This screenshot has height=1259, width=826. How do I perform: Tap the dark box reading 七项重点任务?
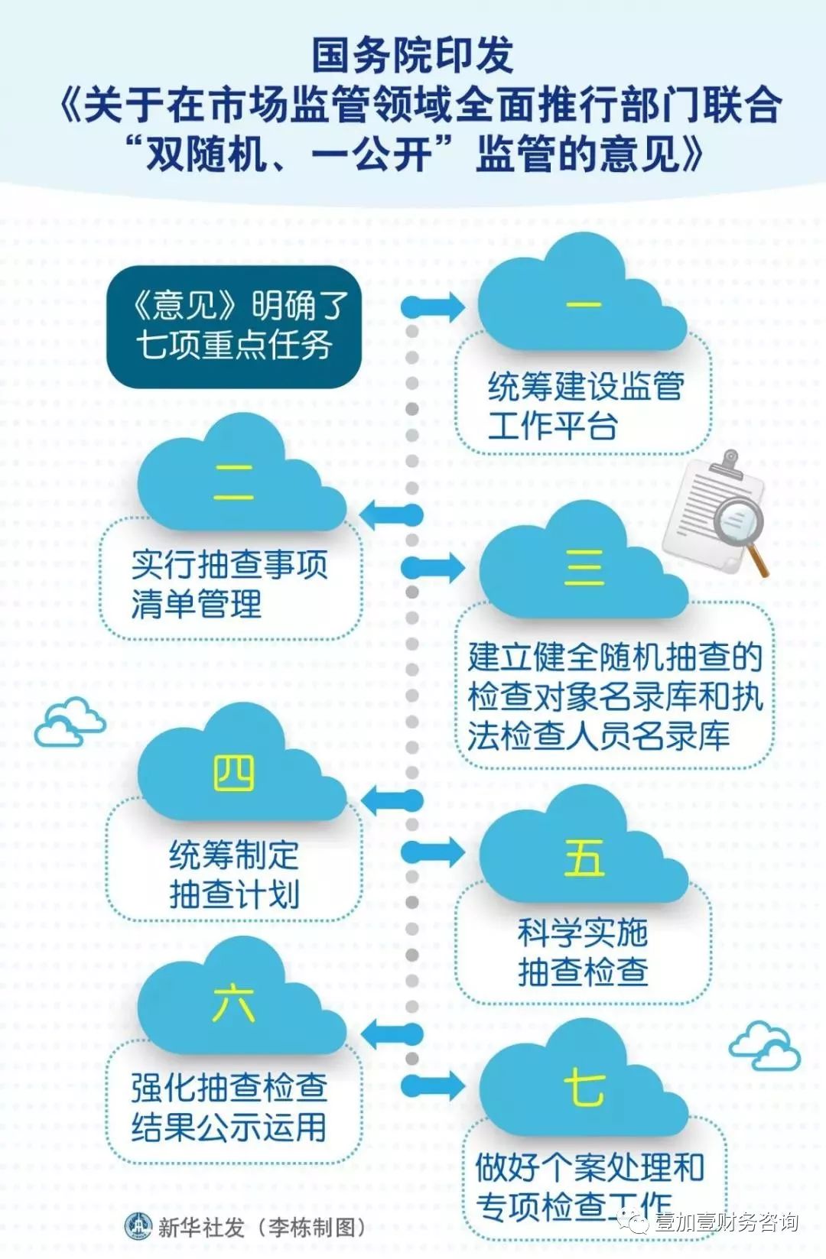[x=234, y=326]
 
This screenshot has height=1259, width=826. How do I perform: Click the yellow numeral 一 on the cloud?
[x=584, y=305]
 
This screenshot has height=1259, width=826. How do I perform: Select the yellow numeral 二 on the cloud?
[x=233, y=482]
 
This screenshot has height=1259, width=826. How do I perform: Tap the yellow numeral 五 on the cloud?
[x=584, y=858]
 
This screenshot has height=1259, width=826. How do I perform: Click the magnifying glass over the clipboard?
[x=743, y=534]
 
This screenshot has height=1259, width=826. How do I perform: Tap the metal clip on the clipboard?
[x=729, y=464]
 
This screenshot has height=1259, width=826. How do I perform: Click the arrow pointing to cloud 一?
[x=433, y=307]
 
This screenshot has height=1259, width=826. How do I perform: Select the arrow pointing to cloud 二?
[x=392, y=514]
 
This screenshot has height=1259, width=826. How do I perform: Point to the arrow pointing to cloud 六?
[x=392, y=1033]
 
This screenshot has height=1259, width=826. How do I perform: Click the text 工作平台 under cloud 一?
[x=553, y=425]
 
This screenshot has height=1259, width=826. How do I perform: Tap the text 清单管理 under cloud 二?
[x=197, y=604]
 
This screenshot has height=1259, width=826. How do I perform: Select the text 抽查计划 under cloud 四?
[x=234, y=894]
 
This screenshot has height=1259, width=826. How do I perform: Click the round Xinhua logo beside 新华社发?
[x=138, y=1226]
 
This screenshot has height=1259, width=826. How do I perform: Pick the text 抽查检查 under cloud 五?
[x=583, y=972]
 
